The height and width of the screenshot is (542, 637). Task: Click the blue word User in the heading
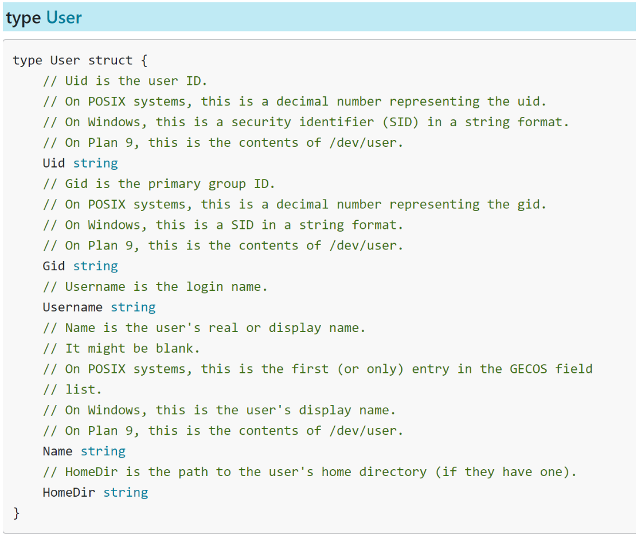click(64, 18)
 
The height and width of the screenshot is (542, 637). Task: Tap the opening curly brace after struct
click(143, 60)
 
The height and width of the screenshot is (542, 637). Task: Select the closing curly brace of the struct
click(17, 513)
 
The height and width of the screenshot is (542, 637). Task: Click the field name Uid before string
click(54, 163)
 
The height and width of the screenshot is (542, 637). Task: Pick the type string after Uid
click(95, 163)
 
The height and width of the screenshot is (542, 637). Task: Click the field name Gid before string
click(54, 266)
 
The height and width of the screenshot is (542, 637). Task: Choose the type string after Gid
click(95, 266)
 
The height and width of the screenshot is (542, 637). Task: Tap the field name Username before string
click(73, 307)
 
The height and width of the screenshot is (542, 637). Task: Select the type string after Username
click(133, 307)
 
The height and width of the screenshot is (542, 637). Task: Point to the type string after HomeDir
click(126, 492)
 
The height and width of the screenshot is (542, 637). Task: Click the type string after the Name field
click(103, 451)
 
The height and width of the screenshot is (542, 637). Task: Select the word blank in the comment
click(178, 348)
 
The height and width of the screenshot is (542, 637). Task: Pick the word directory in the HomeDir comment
click(393, 472)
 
